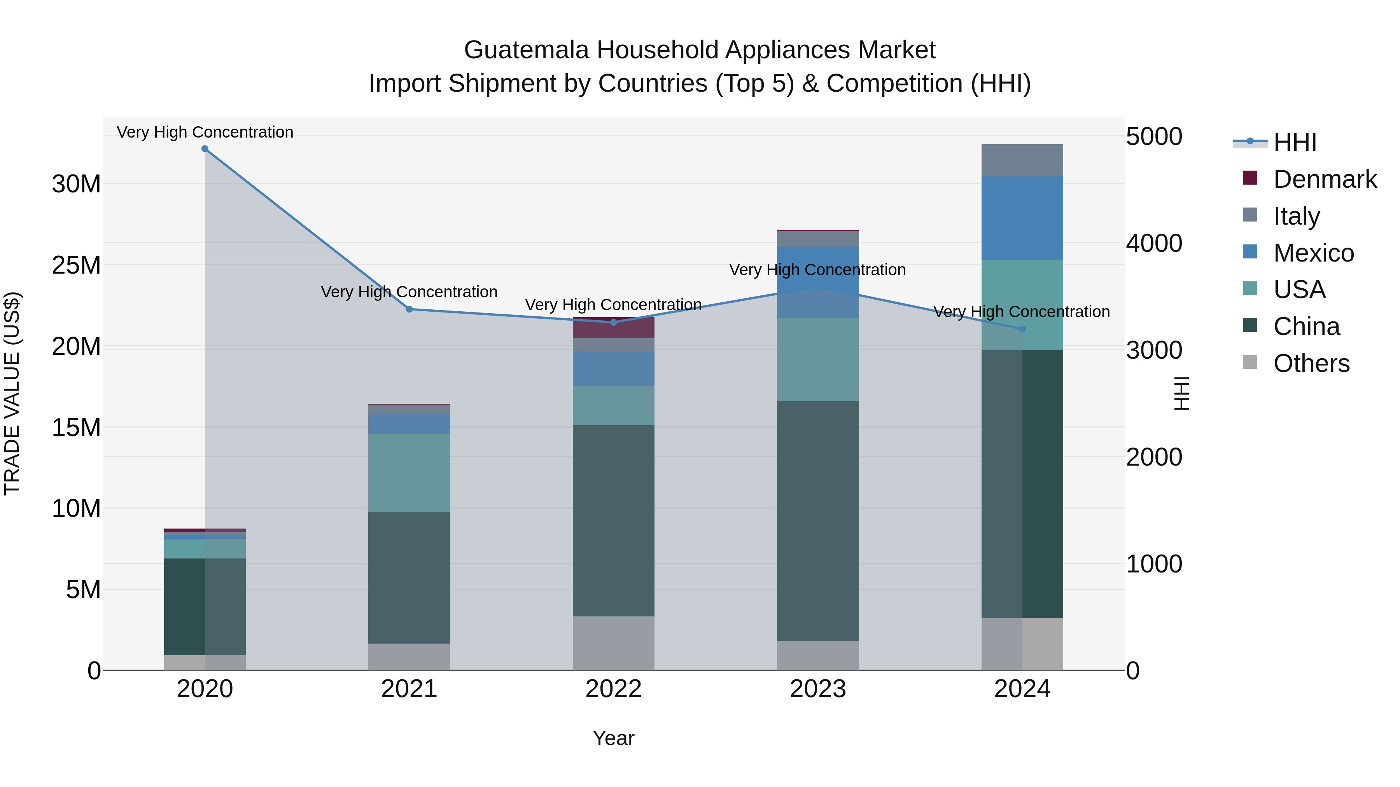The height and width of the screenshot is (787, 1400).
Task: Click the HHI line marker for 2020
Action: (205, 149)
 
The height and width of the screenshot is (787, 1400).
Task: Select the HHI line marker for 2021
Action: (409, 309)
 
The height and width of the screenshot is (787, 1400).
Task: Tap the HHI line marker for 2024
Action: (1022, 329)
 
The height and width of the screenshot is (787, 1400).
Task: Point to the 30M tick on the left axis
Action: (76, 184)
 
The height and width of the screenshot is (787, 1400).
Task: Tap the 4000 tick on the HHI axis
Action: (1153, 243)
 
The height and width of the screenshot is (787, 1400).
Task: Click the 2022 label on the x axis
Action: (614, 689)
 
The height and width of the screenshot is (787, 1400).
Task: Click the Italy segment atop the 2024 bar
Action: (1022, 160)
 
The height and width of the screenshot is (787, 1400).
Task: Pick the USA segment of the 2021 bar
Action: (409, 473)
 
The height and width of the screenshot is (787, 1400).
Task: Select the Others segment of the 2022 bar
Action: (614, 643)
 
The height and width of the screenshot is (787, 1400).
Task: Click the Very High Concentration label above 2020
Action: (205, 132)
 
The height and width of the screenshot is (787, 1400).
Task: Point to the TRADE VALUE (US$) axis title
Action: (12, 393)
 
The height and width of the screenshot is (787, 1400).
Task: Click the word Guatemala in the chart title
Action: (526, 50)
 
